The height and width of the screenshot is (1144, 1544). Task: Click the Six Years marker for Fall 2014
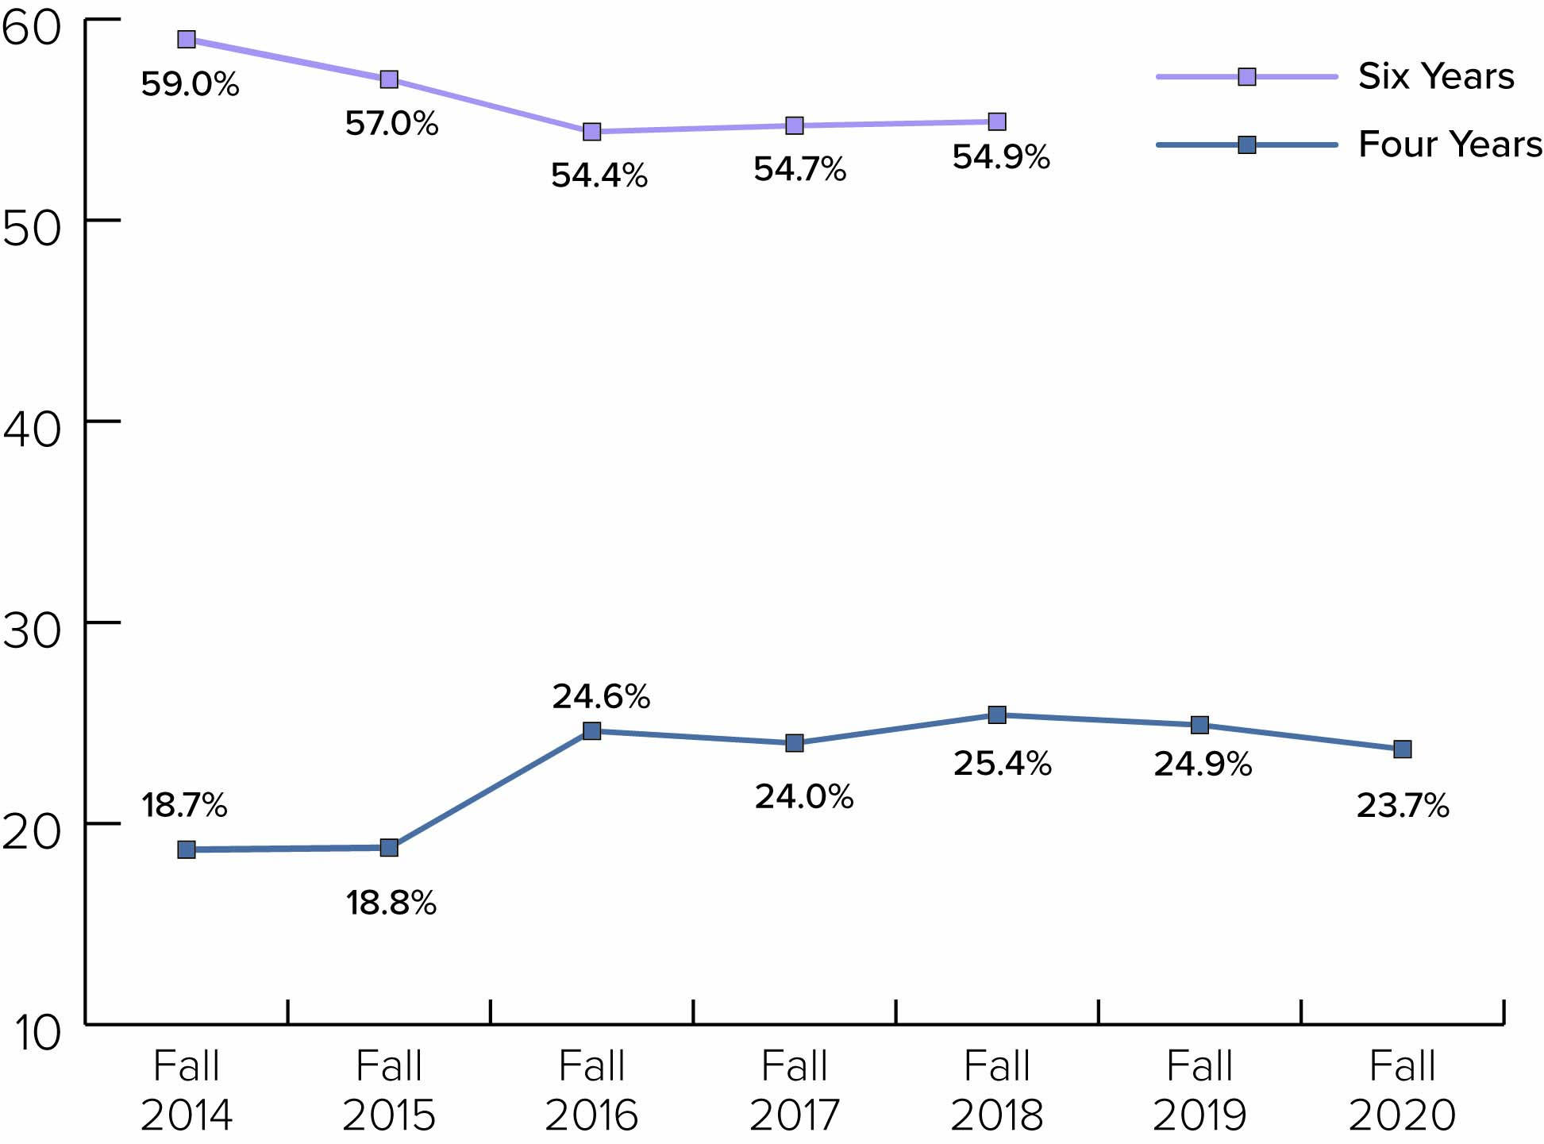pyautogui.click(x=187, y=40)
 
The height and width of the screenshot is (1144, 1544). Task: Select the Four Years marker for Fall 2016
pyautogui.click(x=591, y=731)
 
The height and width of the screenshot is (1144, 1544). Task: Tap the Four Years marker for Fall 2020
pyautogui.click(x=1403, y=749)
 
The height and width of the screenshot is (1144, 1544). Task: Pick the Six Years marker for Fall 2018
pyautogui.click(x=997, y=121)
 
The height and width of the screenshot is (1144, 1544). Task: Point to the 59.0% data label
pyautogui.click(x=190, y=84)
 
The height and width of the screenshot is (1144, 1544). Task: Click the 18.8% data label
pyautogui.click(x=391, y=903)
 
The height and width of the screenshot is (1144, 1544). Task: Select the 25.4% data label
pyautogui.click(x=1002, y=764)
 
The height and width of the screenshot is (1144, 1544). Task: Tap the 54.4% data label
pyautogui.click(x=599, y=175)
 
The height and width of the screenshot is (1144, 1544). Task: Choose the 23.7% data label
pyautogui.click(x=1403, y=806)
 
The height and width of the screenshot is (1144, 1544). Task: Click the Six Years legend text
pyautogui.click(x=1436, y=76)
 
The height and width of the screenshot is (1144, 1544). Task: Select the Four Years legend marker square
pyautogui.click(x=1247, y=145)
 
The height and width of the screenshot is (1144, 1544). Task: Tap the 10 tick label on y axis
pyautogui.click(x=37, y=1033)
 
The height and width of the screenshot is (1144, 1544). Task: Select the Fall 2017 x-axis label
pyautogui.click(x=795, y=1090)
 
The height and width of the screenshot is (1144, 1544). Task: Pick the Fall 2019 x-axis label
pyautogui.click(x=1199, y=1090)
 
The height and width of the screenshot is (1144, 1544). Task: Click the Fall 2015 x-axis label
pyautogui.click(x=389, y=1090)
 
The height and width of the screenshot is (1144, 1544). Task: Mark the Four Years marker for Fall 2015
pyautogui.click(x=389, y=848)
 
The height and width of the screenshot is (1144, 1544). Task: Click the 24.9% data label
pyautogui.click(x=1203, y=765)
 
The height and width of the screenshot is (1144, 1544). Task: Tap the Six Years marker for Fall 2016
pyautogui.click(x=591, y=132)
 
